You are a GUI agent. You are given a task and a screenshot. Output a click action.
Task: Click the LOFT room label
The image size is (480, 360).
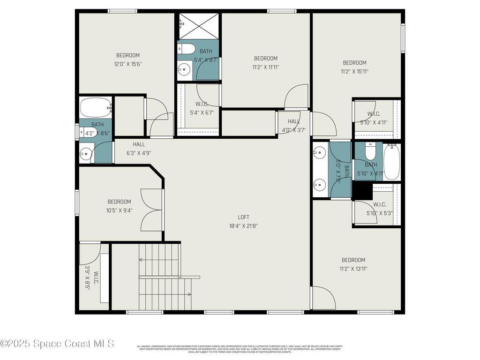coord(243,217)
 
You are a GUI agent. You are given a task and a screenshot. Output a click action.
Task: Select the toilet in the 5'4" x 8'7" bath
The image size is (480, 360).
coord(187,49)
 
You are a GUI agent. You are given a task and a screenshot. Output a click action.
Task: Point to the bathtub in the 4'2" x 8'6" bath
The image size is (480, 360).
coord(96,108)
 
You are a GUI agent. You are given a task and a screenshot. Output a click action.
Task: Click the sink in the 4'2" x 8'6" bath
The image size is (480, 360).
coord(86,154)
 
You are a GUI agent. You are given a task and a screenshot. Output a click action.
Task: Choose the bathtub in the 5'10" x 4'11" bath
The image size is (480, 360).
coord(391,161)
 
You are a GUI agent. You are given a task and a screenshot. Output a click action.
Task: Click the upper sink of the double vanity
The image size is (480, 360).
coord(320,153)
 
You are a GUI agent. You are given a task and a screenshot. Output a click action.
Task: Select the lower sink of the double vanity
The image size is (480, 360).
coord(320,185)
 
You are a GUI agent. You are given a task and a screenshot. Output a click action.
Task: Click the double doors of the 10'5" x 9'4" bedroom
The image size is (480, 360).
coord(152,210)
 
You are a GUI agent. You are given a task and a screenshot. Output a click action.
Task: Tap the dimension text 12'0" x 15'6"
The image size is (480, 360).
coord(128,64)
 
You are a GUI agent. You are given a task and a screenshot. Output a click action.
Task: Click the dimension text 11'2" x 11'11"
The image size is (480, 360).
coord(266,67)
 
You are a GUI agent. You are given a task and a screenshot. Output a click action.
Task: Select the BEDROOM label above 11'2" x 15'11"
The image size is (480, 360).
coord(354,63)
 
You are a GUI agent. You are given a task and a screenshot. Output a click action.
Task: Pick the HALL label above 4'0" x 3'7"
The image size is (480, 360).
coord(294,121)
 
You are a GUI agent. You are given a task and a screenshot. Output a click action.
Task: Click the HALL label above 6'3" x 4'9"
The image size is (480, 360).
coord(139,144)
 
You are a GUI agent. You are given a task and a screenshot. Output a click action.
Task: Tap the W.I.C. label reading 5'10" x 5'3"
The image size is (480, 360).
coord(379,204)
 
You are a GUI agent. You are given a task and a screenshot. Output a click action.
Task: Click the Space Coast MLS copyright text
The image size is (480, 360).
coord(57,344)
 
